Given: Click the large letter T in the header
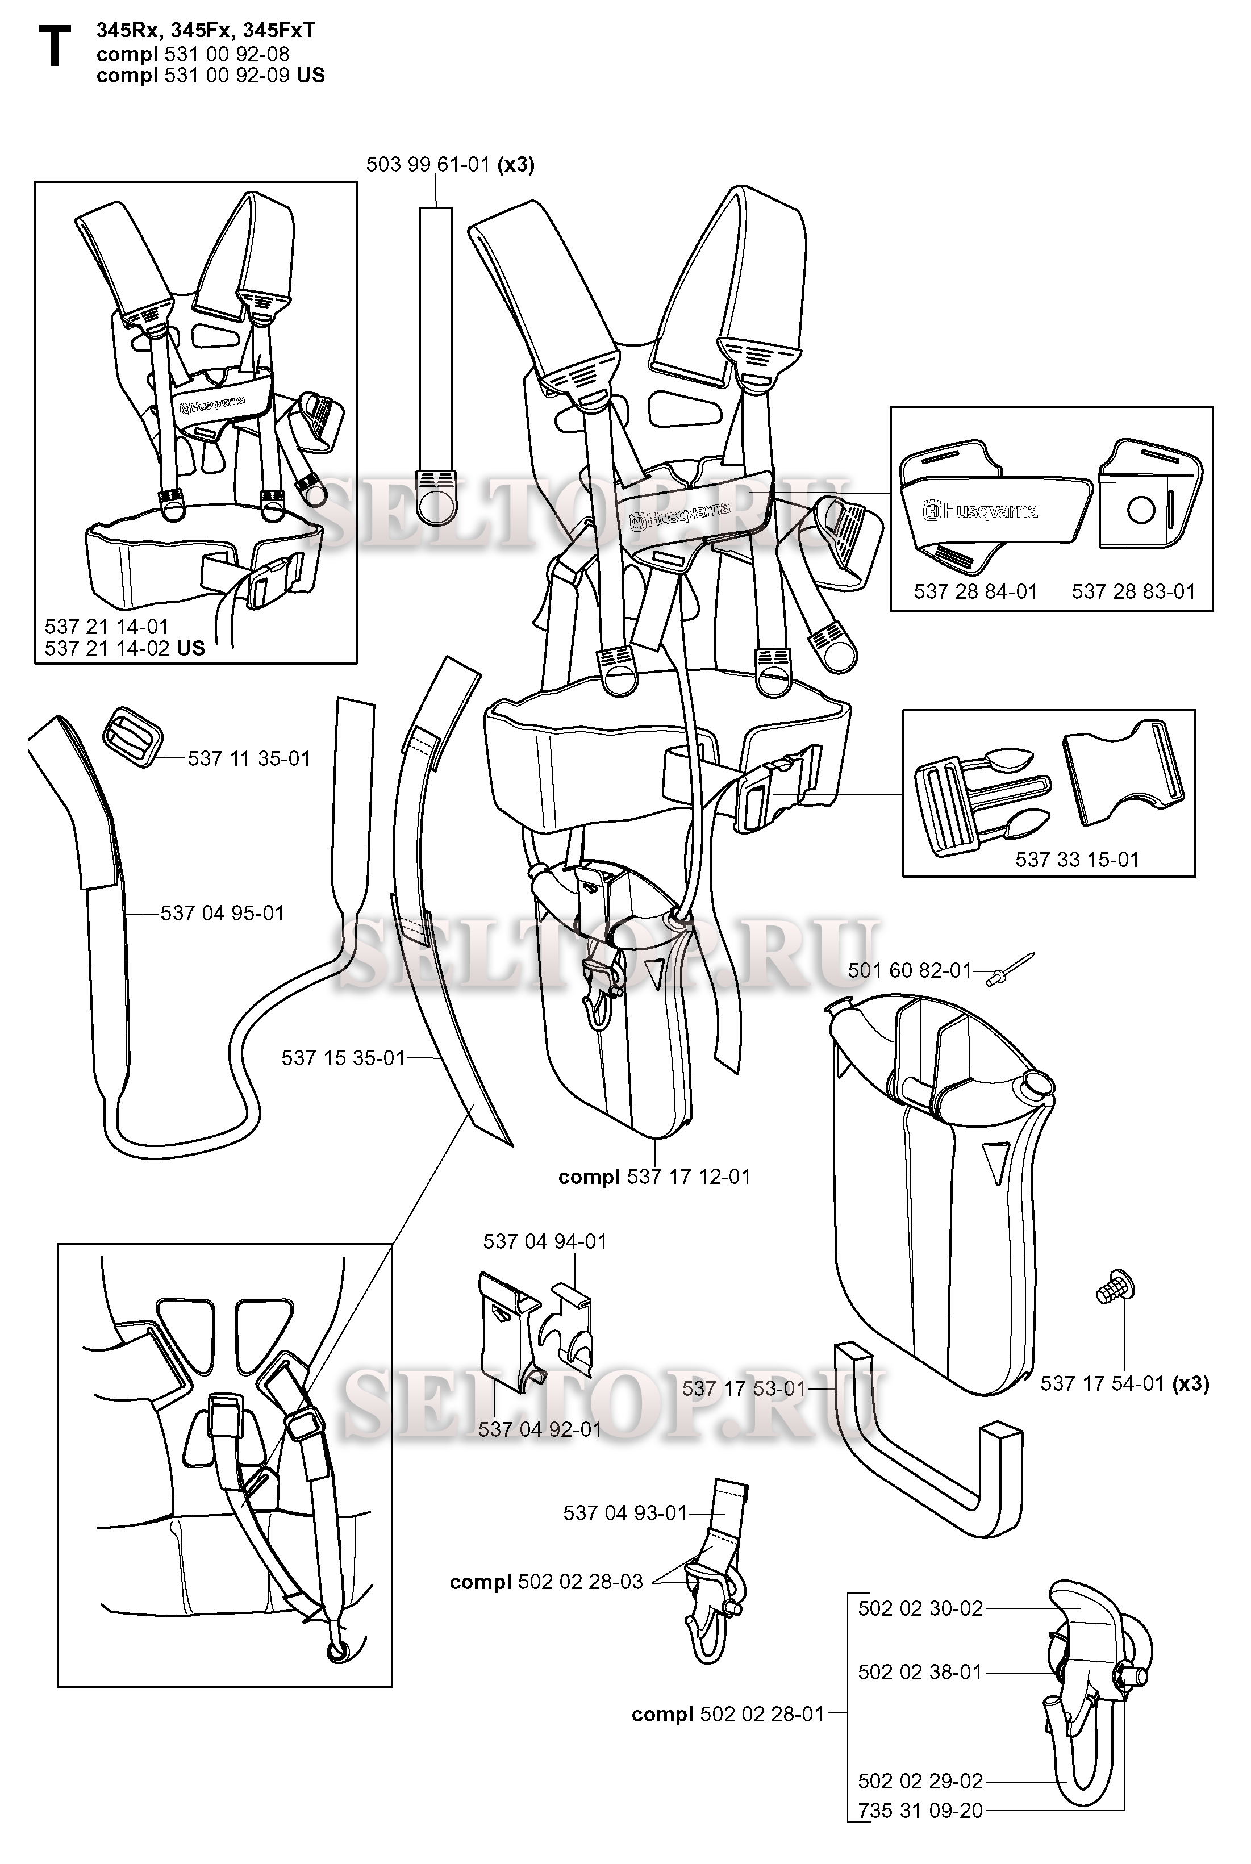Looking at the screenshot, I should coord(54,47).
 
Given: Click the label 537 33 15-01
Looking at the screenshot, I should coord(1076,859).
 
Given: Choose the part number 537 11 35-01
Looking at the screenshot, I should coord(248,758).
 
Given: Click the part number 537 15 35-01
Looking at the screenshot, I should coord(343,1058).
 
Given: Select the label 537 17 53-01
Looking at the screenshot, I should coord(744,1388).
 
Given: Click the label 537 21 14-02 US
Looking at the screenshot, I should coord(124,648).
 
